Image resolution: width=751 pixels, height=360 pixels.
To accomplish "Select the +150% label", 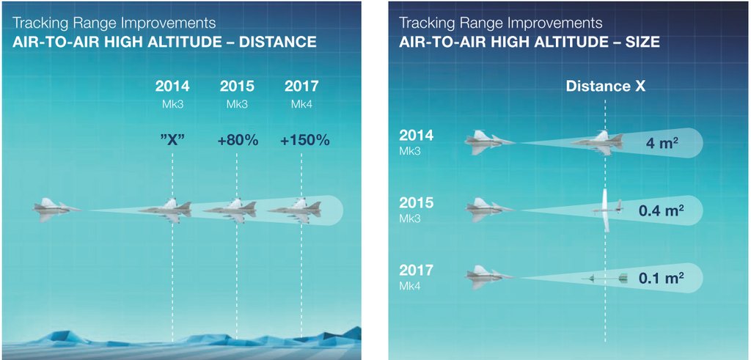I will [303, 140].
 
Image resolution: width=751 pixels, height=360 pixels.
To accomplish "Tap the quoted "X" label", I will [172, 140].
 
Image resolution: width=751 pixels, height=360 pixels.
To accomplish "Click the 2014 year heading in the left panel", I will [172, 87].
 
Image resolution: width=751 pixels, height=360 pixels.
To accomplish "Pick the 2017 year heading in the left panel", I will [301, 87].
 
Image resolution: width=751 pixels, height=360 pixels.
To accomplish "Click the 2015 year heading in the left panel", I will [237, 87].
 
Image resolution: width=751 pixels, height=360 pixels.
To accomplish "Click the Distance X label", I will [606, 87].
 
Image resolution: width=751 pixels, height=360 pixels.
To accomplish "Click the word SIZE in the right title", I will [641, 43].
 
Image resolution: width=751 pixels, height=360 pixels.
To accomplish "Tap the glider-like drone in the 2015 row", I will [607, 210].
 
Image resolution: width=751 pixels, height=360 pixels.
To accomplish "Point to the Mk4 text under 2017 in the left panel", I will [301, 104].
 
